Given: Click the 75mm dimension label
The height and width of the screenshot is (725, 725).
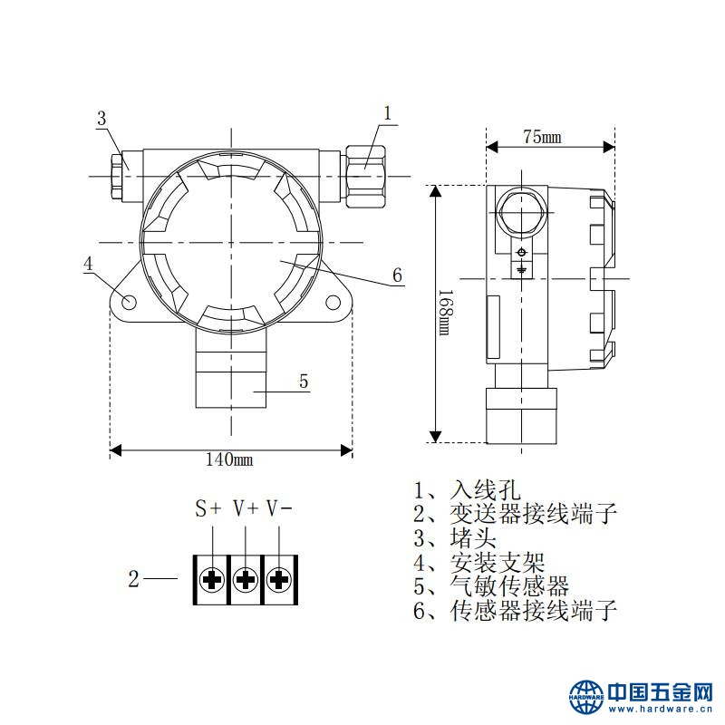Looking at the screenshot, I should (x=542, y=137).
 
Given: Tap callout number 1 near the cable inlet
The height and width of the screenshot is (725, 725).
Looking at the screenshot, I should (x=387, y=113).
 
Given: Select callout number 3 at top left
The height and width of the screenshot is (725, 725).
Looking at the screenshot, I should (x=101, y=118).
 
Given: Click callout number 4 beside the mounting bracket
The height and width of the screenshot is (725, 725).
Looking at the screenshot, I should (x=88, y=264).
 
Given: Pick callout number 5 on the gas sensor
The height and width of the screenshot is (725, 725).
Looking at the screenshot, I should (x=304, y=382).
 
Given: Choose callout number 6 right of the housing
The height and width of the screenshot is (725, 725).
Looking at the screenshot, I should (x=397, y=275).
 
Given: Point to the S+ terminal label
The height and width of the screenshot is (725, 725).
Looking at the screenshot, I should (x=208, y=508).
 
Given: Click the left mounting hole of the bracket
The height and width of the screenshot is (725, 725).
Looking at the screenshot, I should (x=129, y=301).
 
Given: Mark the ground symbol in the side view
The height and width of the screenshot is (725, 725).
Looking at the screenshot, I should (x=521, y=268).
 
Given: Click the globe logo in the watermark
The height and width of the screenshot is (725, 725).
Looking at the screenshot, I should (x=586, y=696).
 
